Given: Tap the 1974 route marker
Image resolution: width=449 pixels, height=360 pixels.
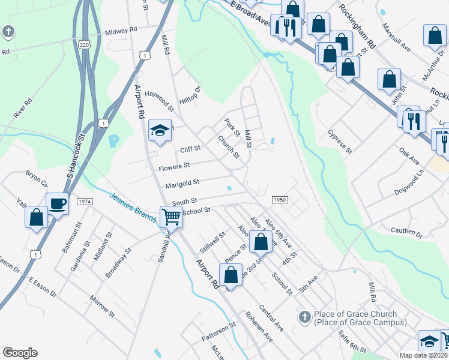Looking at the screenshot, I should pos(85,202).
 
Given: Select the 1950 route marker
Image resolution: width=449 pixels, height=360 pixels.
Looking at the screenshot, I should pos(280,200).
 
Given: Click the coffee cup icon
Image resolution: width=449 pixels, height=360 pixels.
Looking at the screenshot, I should pos(58,204).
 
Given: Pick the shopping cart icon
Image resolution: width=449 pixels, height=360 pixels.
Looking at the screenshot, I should pos(171,217).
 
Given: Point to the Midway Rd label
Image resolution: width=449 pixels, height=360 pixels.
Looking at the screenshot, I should pos(121,30).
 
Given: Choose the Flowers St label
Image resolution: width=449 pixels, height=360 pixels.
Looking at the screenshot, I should pos(174,165).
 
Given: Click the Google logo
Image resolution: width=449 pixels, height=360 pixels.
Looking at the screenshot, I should pos(20,353).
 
